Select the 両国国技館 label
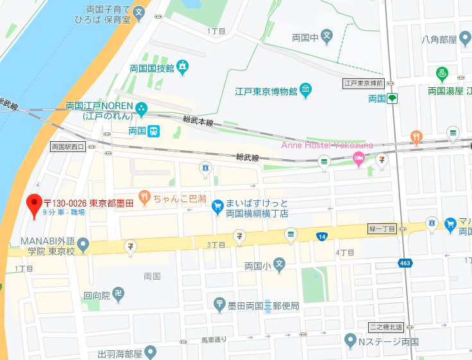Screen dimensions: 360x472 (151, 67)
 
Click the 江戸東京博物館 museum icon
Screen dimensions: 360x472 (306, 91)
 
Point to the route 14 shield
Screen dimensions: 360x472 (321, 237)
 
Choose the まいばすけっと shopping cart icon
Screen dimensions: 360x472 (217, 205)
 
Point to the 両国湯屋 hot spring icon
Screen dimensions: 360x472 (441, 74)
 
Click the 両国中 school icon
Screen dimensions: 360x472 (327, 35)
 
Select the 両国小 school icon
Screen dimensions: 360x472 (279, 264)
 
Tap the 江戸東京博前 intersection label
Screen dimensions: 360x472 (363, 83)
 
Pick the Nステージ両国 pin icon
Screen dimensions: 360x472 (350, 340)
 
